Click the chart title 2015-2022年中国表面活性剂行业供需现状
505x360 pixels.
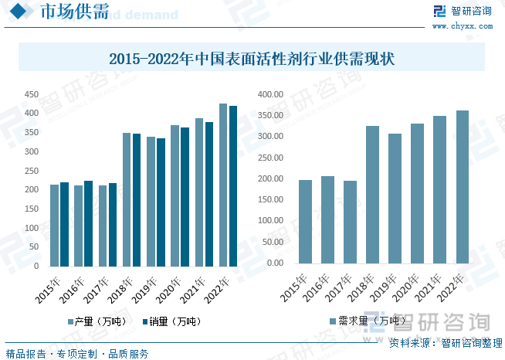(252, 58)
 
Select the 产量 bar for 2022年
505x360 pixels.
(223, 185)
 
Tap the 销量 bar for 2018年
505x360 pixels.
(137, 200)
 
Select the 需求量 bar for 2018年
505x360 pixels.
(372, 195)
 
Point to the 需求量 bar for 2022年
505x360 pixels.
(462, 187)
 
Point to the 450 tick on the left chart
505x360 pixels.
(31, 94)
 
